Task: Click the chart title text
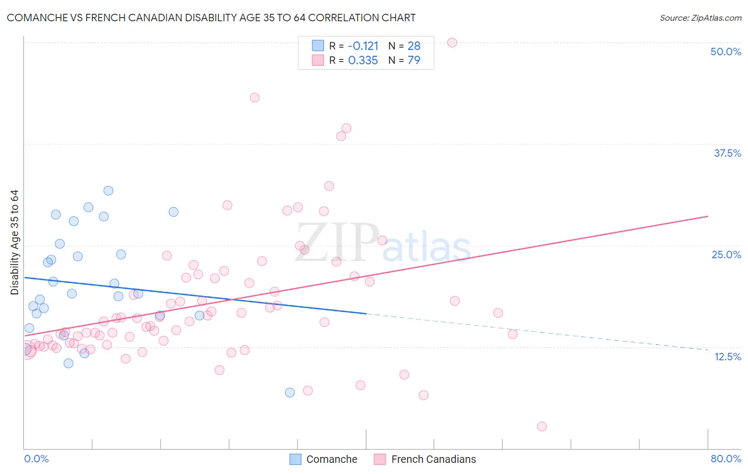click(211, 18)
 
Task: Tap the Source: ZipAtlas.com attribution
click(700, 18)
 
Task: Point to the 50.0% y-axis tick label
click(726, 52)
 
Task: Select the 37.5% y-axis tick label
click(727, 153)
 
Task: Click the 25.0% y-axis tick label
click(726, 255)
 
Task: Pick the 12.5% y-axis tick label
click(727, 357)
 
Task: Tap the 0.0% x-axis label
click(36, 459)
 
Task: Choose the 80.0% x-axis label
click(726, 459)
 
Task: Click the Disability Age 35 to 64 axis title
click(14, 242)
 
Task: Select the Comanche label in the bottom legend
click(331, 459)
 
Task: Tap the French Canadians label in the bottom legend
click(434, 459)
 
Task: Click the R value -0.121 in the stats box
click(363, 46)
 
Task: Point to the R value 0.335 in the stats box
click(363, 61)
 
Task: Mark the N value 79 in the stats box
click(414, 61)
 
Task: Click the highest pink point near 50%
click(452, 43)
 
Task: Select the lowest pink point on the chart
click(542, 426)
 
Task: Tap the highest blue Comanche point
click(109, 191)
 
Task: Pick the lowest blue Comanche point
click(290, 393)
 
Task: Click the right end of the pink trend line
click(708, 216)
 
